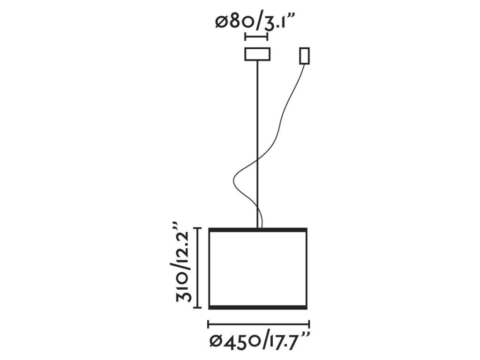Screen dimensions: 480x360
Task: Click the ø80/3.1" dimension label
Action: pos(257,22)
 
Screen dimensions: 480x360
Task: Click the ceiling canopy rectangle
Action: pos(257,54)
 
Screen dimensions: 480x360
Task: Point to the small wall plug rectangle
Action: pos(304,56)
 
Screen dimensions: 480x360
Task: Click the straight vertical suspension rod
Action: pos(257,141)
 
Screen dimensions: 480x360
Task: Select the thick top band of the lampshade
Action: pos(257,230)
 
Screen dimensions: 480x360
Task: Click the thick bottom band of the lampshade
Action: pos(257,307)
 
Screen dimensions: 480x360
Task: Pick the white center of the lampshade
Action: pos(257,268)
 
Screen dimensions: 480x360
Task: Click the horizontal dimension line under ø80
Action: pos(257,37)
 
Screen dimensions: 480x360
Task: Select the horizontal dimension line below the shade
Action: pos(258,323)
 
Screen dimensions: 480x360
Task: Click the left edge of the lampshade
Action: pos(209,268)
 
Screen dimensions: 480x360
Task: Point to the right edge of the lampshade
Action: pos(307,268)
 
